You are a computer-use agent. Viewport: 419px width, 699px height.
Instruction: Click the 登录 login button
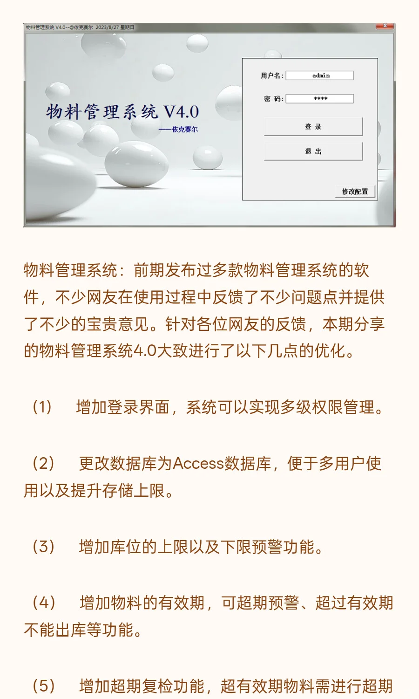click(x=313, y=127)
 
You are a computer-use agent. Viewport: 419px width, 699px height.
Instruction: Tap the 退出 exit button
click(x=313, y=151)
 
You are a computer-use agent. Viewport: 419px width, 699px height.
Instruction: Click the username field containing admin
click(x=320, y=75)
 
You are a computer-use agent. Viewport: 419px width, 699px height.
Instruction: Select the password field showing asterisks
click(x=320, y=99)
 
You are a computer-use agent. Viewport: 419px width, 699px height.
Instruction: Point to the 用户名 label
click(x=272, y=75)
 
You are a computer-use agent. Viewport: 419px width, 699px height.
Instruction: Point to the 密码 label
click(x=273, y=99)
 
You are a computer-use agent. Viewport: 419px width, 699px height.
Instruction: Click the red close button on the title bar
click(x=385, y=27)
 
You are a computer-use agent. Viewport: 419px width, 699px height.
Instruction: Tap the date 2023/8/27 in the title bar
click(x=107, y=27)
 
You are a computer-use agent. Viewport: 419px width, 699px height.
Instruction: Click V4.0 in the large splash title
click(x=181, y=112)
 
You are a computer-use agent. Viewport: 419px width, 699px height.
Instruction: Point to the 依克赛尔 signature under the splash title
click(x=184, y=130)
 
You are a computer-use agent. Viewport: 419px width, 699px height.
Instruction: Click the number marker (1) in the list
click(x=42, y=407)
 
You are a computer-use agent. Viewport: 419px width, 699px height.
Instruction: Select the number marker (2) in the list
click(x=43, y=463)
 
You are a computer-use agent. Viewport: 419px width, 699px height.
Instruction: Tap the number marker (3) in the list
click(x=43, y=546)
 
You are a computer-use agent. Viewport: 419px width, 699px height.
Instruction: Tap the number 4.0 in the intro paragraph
click(x=145, y=350)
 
